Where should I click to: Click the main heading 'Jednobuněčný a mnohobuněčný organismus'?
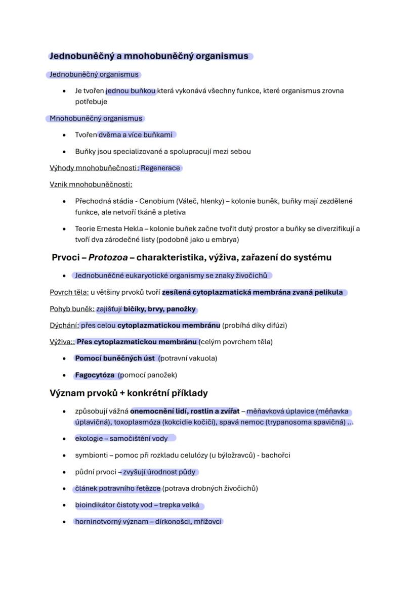pyautogui.click(x=149, y=56)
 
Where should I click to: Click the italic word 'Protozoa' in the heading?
pyautogui.click(x=108, y=257)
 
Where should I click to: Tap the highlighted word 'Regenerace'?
pyautogui.click(x=160, y=168)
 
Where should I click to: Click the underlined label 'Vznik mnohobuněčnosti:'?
pyautogui.click(x=91, y=185)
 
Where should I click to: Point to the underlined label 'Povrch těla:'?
pyautogui.click(x=69, y=292)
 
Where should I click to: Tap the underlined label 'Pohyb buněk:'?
pyautogui.click(x=72, y=309)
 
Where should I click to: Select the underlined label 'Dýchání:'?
pyautogui.click(x=64, y=325)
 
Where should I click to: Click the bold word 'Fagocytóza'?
pyautogui.click(x=95, y=375)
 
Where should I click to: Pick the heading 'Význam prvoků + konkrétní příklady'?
pyautogui.click(x=129, y=393)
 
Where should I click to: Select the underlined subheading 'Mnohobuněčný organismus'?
pyautogui.click(x=96, y=118)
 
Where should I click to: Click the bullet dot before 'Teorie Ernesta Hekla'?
pyautogui.click(x=64, y=229)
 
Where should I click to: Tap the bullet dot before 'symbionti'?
pyautogui.click(x=64, y=456)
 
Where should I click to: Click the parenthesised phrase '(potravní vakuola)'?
pyautogui.click(x=188, y=358)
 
